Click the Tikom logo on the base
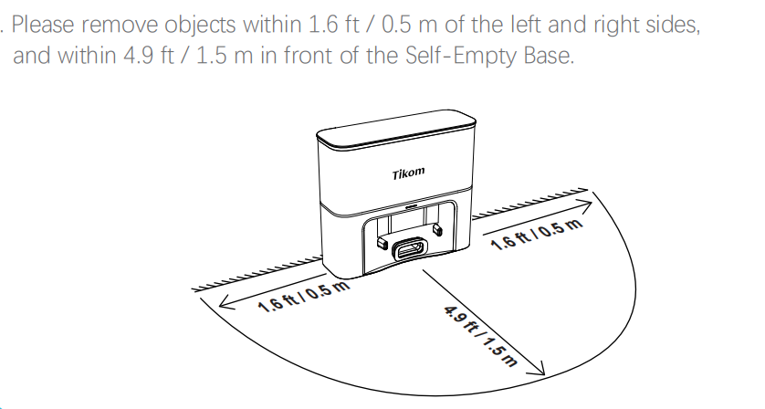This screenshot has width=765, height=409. tap(408, 173)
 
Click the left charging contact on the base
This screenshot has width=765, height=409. tap(381, 243)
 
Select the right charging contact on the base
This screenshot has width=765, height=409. tap(437, 229)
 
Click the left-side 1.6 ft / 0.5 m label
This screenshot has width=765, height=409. tap(304, 297)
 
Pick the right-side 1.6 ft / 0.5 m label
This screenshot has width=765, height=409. tap(537, 235)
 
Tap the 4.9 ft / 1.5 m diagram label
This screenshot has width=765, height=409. tap(480, 336)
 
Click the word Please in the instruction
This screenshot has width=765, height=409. tap(43, 25)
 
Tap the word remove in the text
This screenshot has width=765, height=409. tap(120, 26)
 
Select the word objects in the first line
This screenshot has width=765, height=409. tap(200, 26)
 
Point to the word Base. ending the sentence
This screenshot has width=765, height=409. tap(549, 55)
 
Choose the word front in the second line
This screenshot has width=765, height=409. tap(309, 55)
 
